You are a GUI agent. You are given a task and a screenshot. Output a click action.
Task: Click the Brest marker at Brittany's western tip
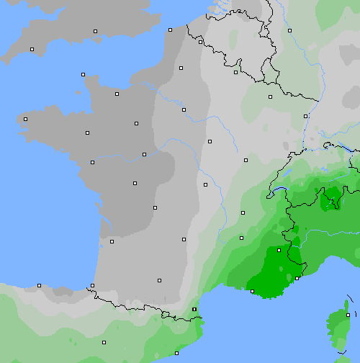tap(25, 119)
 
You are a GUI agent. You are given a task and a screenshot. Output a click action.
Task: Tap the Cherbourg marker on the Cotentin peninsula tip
tap(83, 74)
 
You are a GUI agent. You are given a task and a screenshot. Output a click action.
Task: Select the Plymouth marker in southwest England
tap(32, 49)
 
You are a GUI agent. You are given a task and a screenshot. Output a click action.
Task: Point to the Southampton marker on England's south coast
tap(95, 32)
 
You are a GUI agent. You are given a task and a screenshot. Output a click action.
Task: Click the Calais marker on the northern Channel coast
tap(170, 30)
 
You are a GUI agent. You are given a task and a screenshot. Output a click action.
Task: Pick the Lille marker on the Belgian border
tap(200, 42)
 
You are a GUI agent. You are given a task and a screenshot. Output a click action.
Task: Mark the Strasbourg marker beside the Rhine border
tap(305, 115)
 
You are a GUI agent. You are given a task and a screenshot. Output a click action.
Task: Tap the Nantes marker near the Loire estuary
tap(92, 162)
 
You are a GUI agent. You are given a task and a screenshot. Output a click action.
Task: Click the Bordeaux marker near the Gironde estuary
tap(112, 241)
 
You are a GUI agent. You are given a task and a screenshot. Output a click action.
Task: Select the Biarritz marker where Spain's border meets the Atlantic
tap(92, 286)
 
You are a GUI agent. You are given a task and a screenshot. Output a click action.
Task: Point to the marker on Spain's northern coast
tap(39, 285)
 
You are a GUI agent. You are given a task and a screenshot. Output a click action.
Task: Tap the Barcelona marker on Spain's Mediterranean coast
tap(176, 353)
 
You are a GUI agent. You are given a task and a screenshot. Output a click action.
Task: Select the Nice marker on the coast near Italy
tap(297, 278)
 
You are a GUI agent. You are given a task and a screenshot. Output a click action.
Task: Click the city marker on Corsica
tap(347, 315)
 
